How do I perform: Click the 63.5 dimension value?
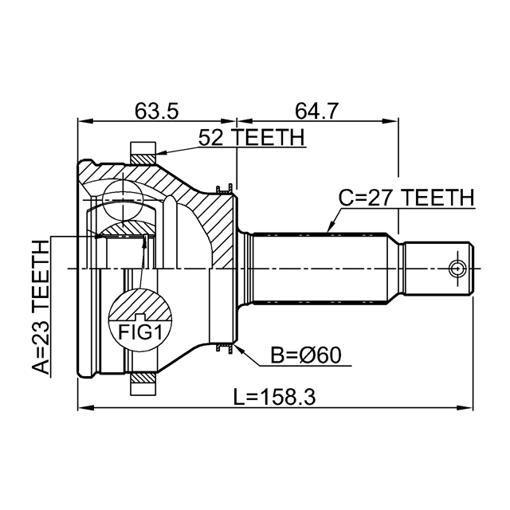point(157,111)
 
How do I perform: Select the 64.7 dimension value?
point(317,111)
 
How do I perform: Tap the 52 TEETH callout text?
point(252,137)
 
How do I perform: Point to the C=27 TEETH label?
point(406,198)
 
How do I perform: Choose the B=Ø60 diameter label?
point(306,355)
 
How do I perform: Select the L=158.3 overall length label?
point(275,397)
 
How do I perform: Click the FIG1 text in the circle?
point(140,332)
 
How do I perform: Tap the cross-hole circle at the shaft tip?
point(457,269)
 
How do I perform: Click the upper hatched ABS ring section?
point(143,159)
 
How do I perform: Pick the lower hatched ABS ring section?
point(143,378)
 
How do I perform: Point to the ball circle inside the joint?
point(123,200)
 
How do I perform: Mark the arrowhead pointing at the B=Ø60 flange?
point(239,348)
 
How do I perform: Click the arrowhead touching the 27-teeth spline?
point(331,228)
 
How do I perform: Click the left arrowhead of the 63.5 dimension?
point(85,121)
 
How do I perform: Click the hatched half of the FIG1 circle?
point(140,304)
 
